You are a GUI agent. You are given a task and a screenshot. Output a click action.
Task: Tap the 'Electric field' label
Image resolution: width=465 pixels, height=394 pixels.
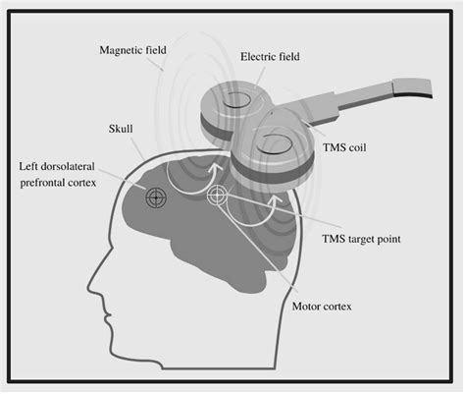tap(272, 57)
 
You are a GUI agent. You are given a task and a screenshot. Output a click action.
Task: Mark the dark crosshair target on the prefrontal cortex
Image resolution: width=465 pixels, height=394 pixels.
tap(155, 197)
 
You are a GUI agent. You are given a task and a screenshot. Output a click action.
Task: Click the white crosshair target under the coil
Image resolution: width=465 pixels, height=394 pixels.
tap(217, 197)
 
